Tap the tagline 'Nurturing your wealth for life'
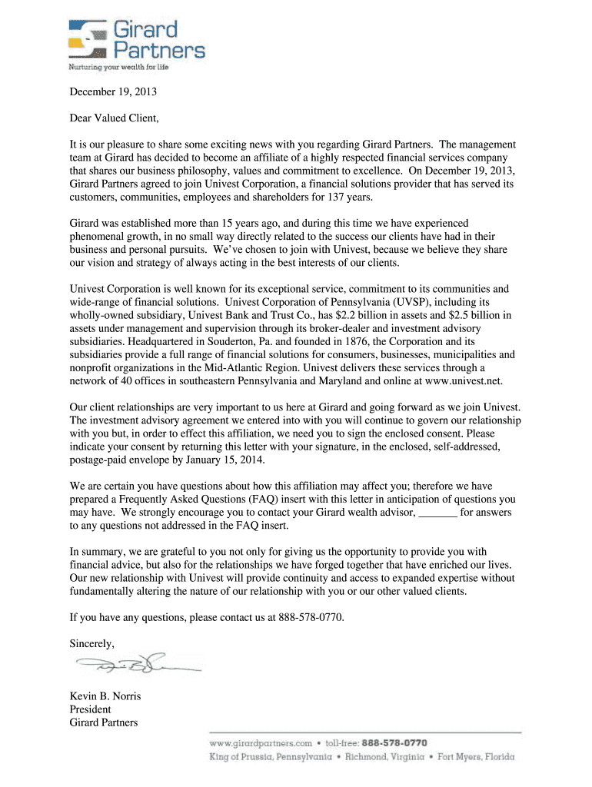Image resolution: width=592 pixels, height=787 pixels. point(118,67)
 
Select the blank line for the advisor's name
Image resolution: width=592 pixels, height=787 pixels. point(437,513)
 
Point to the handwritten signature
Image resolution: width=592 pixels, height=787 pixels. point(135,666)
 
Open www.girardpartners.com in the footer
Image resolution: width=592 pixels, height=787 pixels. point(261,743)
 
